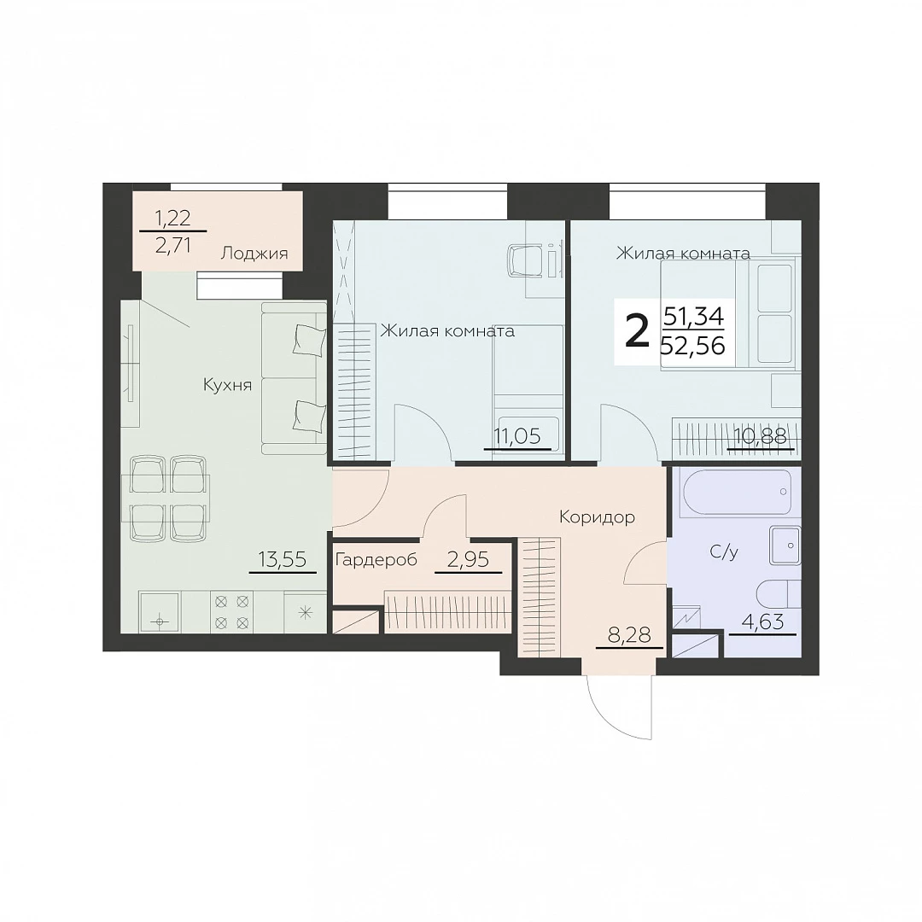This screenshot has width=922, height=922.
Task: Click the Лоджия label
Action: [x=254, y=254]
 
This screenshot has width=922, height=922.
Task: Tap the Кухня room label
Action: [x=227, y=385]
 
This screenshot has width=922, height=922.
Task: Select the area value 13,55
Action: [x=283, y=559]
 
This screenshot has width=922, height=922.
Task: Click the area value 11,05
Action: [x=517, y=436]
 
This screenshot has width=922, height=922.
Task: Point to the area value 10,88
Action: [x=761, y=436]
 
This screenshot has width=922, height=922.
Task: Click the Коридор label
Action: [x=597, y=517]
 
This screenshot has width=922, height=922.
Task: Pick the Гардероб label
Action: [x=376, y=559]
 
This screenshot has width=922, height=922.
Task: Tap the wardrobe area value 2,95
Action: [x=468, y=559]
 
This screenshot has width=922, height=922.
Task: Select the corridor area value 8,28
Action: [x=629, y=635]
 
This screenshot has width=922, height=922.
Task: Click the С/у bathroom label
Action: [x=724, y=551]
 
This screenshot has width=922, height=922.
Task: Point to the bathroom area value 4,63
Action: [x=762, y=621]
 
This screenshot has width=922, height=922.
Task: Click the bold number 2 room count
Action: [x=636, y=330]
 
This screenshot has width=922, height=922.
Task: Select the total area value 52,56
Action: [x=692, y=346]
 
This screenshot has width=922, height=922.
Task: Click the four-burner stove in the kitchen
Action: [x=231, y=611]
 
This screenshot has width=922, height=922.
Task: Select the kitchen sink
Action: [x=160, y=611]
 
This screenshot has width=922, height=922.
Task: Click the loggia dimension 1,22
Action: [x=172, y=219]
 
